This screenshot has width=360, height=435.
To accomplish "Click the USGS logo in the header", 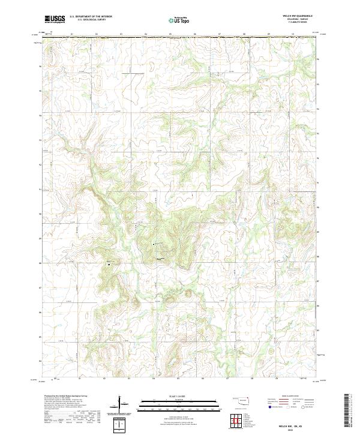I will tap(55, 20).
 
